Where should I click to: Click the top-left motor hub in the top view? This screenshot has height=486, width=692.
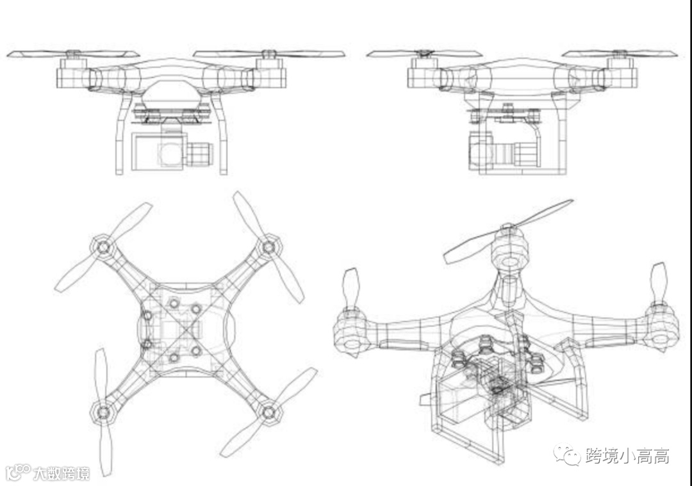(x=102, y=245)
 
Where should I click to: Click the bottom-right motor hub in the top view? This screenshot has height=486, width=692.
(x=269, y=410)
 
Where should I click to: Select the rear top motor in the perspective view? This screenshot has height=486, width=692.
(x=509, y=251)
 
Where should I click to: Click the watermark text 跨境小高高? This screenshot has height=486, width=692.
(x=627, y=456)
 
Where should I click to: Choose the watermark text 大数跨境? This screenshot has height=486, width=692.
(x=62, y=473)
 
